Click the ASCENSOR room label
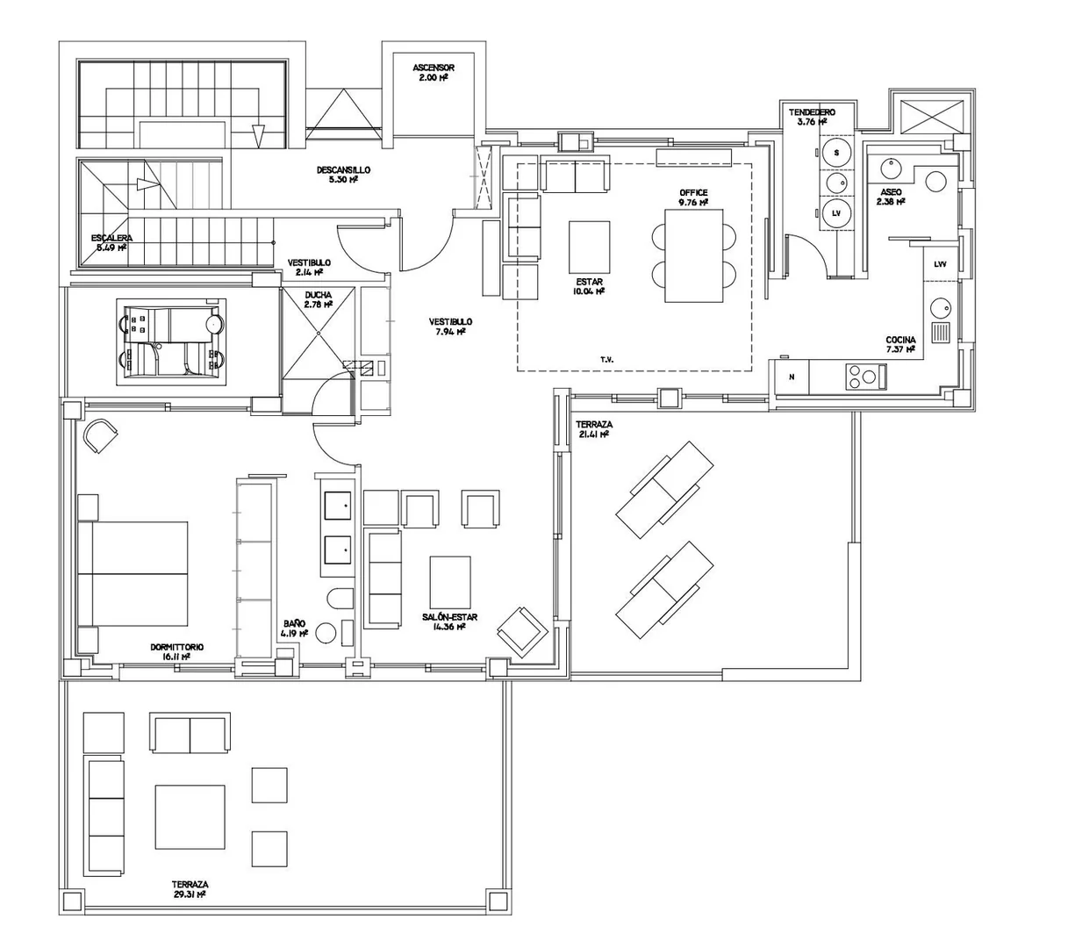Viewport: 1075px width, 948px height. [x=433, y=68]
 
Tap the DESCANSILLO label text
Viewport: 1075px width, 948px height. [x=343, y=170]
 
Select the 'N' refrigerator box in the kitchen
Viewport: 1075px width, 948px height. [x=792, y=377]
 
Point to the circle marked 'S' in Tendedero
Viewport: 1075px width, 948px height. [x=836, y=153]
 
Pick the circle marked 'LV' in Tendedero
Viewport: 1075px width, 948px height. [x=836, y=213]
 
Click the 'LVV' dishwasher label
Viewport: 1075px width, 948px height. [x=940, y=264]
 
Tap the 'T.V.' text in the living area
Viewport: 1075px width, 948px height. [x=607, y=360]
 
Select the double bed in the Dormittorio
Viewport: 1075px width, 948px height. [x=133, y=573]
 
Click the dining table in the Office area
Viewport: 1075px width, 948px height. [x=693, y=255]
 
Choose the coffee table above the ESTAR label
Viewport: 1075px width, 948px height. [x=589, y=248]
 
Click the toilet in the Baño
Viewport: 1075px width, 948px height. [x=340, y=599]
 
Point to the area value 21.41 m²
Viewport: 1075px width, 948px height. [x=592, y=434]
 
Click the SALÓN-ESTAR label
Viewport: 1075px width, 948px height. [x=449, y=617]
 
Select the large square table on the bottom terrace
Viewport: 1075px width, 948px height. [x=190, y=817]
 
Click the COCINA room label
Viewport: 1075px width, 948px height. [x=900, y=340]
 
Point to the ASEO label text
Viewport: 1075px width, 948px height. [x=891, y=192]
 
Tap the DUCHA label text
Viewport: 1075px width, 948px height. [x=319, y=295]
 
